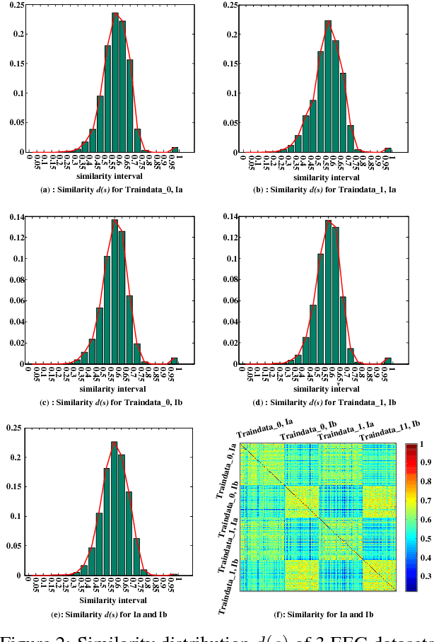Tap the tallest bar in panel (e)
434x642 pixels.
pos(115,509)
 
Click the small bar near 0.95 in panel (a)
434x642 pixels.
pos(175,149)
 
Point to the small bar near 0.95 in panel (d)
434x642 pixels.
pos(387,361)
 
